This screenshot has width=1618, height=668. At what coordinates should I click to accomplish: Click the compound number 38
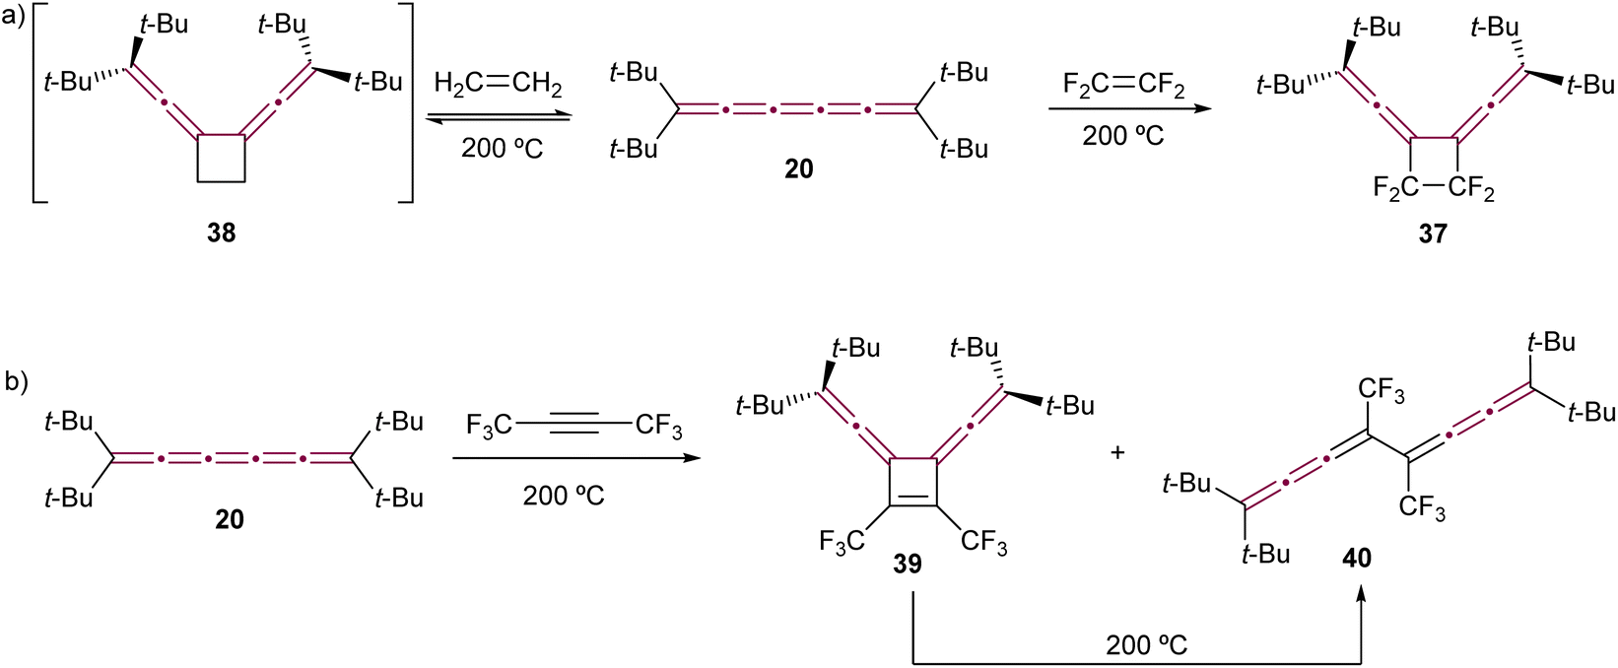pos(221,234)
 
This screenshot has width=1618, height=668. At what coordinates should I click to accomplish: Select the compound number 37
pos(1432,234)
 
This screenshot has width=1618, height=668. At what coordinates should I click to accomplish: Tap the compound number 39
pos(908,563)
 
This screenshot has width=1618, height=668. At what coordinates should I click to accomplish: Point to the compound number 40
pos(1357,558)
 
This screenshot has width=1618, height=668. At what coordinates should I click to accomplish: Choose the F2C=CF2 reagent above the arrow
pos(1123,86)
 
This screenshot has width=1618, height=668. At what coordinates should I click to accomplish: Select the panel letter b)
pos(17,382)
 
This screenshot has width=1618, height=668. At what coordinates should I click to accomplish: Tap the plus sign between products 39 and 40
pos(1117,453)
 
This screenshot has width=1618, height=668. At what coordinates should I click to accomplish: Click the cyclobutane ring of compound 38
pos(222,159)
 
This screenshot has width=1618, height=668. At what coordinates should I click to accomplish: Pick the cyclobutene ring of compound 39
pos(912,482)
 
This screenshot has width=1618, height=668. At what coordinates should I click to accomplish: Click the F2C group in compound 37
pos(1393,188)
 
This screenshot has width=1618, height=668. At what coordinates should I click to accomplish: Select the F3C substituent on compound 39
pos(842,541)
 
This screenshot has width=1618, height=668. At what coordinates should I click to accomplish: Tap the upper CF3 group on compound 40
pos(1381,391)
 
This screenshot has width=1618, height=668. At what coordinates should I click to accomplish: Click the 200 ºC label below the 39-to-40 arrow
pos(1146,645)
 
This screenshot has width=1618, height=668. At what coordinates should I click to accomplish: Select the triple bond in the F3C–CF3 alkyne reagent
pos(574,427)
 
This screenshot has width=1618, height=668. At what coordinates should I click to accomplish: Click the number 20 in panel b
pos(230,518)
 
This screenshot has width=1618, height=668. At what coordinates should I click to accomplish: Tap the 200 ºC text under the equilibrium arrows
pos(502,150)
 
